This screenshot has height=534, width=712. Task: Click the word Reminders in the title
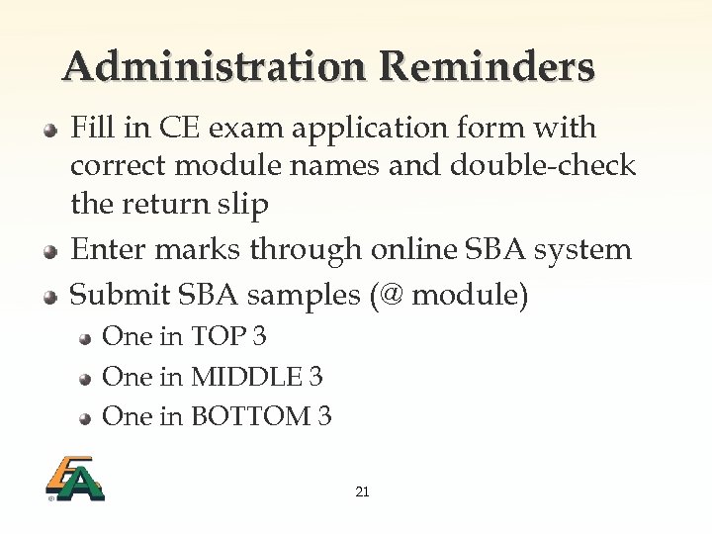[x=487, y=67]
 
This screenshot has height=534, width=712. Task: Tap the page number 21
[x=362, y=491]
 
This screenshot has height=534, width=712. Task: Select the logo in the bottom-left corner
[x=74, y=479]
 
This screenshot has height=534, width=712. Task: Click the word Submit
[x=117, y=294]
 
